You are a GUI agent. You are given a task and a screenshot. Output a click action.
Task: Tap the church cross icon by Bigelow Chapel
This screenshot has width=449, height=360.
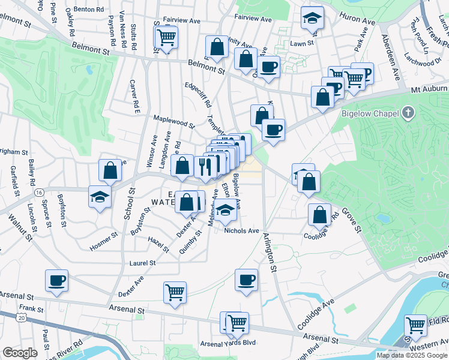tap(408, 112)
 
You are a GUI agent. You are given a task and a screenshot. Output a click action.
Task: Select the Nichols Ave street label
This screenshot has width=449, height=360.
tap(241, 230)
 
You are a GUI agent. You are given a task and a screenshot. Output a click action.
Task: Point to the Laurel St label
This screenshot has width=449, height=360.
tap(143, 263)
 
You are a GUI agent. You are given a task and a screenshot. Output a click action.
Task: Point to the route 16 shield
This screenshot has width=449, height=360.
tap(39, 192)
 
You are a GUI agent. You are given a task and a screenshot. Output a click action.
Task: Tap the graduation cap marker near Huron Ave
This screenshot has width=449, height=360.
tap(312, 20)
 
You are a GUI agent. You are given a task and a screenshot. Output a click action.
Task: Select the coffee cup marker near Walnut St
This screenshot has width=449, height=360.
tap(57, 280)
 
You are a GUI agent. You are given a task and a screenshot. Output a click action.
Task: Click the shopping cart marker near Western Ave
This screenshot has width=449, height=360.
tap(415, 325)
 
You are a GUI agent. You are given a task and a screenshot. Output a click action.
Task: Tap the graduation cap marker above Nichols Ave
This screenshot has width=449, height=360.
tap(225, 211)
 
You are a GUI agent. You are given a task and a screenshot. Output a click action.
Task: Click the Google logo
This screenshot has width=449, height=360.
tap(20, 353)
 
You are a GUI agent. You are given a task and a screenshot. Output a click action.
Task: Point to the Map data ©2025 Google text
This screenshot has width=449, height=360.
tap(412, 355)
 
